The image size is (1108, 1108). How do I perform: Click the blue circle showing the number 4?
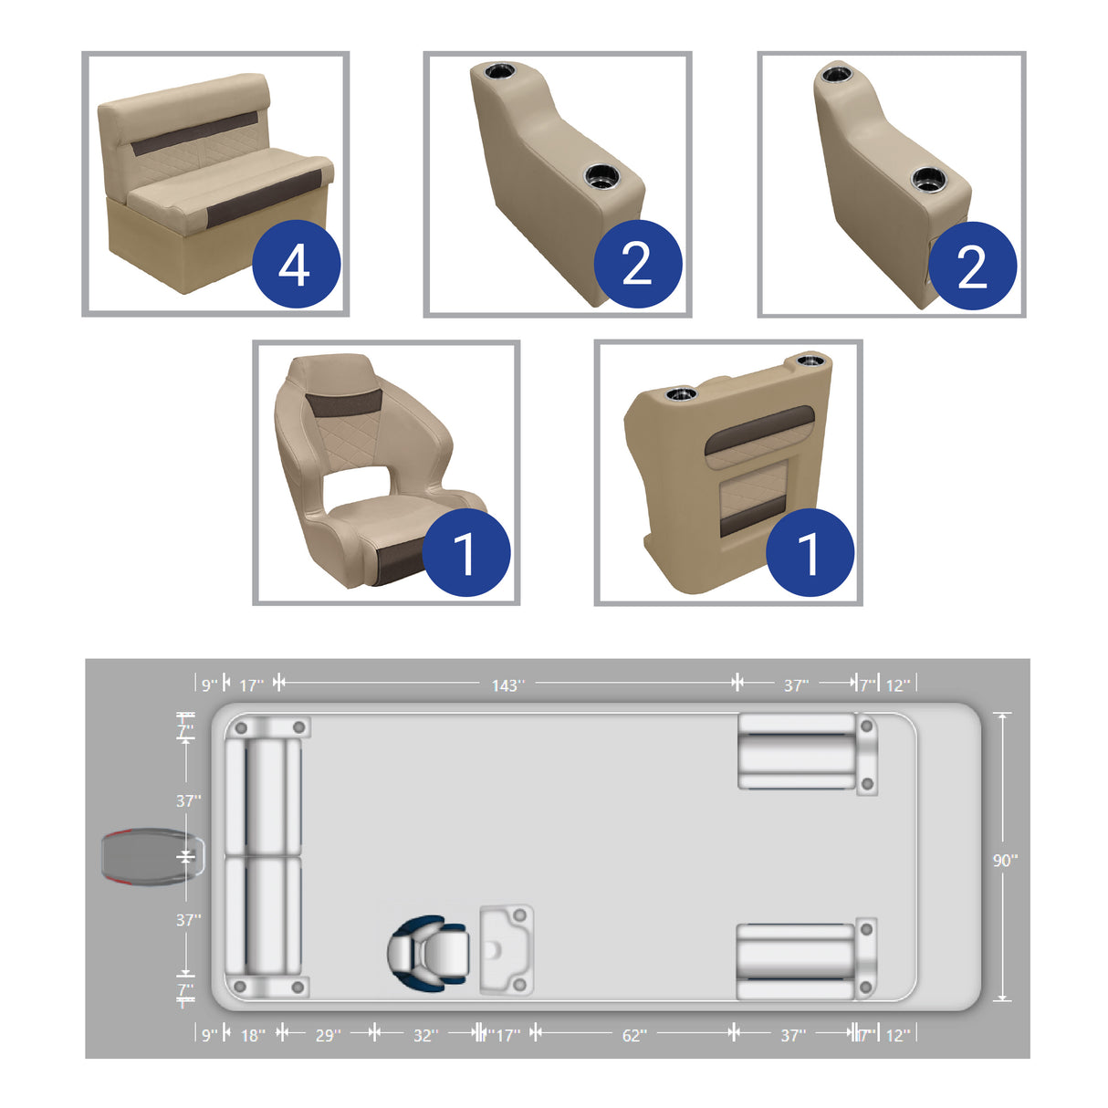(x=296, y=265)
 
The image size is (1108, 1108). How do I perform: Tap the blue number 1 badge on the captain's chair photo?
(x=465, y=553)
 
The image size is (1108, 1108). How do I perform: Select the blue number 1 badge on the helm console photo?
(x=810, y=553)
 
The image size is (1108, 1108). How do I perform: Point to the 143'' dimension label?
(x=507, y=685)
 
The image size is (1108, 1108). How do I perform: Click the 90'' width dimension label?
(x=1005, y=860)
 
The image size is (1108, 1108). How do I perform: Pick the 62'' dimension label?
(x=634, y=1035)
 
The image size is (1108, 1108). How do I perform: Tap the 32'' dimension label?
(x=425, y=1035)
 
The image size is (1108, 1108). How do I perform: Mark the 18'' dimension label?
(x=253, y=1035)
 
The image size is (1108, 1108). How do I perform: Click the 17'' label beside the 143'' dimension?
(x=251, y=685)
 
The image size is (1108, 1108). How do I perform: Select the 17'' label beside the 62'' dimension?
(x=507, y=1035)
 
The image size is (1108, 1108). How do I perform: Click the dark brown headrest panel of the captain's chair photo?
(x=343, y=402)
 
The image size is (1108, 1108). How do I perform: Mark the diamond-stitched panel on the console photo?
(x=754, y=493)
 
